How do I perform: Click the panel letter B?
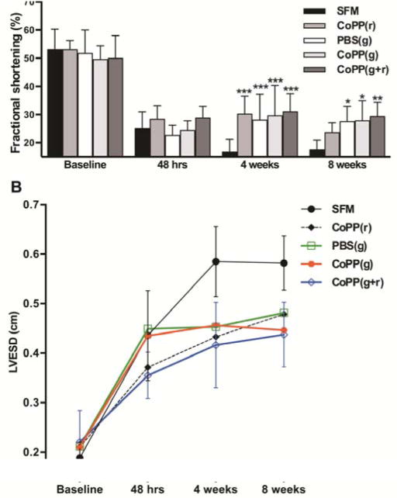pyautogui.click(x=10, y=187)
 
